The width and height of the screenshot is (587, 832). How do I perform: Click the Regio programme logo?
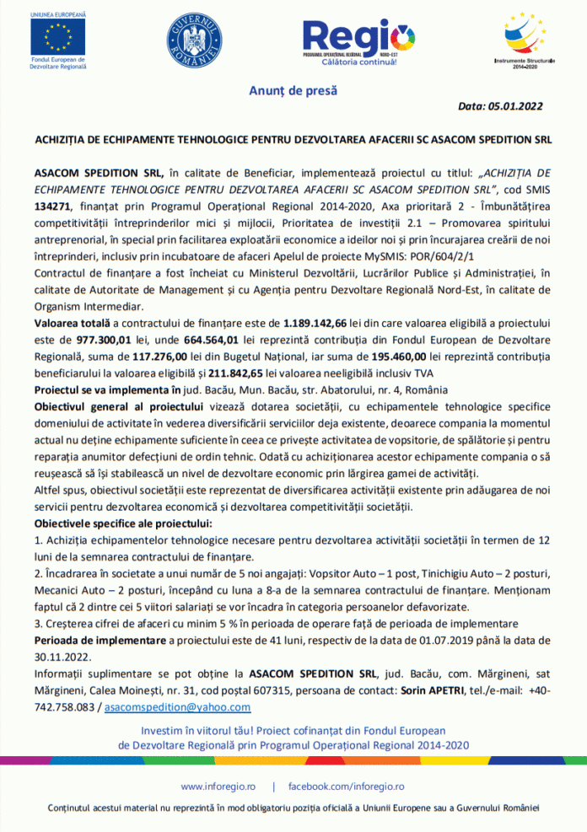pyautogui.click(x=358, y=38)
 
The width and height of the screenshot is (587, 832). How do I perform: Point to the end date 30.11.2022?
pyautogui.click(x=61, y=657)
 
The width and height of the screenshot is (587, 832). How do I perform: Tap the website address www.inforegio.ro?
pyautogui.click(x=218, y=786)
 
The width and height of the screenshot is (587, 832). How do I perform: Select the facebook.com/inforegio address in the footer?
pyautogui.click(x=347, y=786)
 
